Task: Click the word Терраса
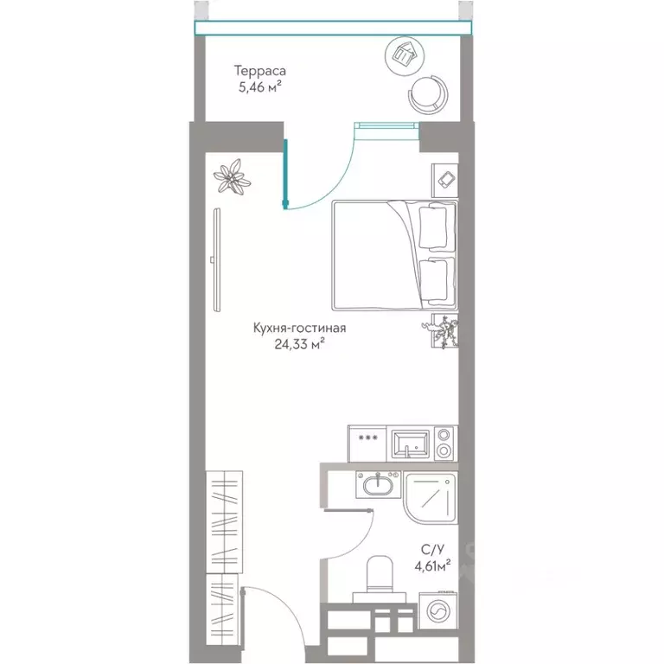(x=260, y=71)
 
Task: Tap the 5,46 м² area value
(x=260, y=86)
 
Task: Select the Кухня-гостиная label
(x=299, y=328)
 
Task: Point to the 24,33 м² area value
(x=299, y=343)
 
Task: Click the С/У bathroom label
(x=432, y=549)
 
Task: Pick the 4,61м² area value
(x=432, y=565)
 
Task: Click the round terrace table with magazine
(x=405, y=56)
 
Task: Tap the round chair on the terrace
(x=428, y=94)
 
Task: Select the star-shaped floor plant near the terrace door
(x=232, y=176)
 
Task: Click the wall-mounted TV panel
(x=216, y=260)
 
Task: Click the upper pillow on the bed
(x=432, y=226)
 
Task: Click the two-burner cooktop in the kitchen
(x=444, y=443)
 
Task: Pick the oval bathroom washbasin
(x=378, y=485)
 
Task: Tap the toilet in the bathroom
(x=380, y=579)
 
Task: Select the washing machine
(x=437, y=612)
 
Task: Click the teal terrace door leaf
(x=286, y=174)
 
